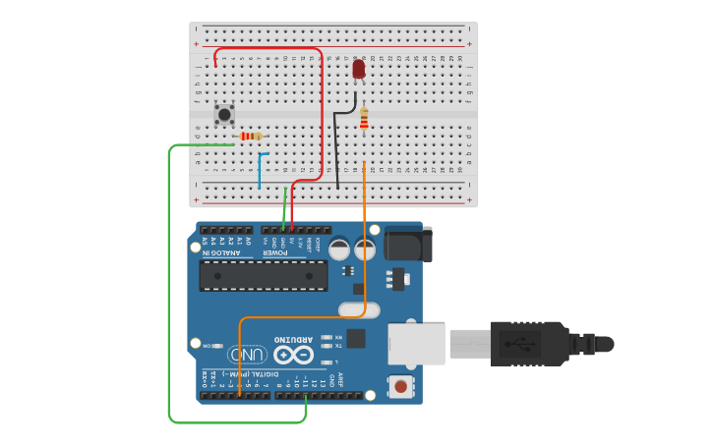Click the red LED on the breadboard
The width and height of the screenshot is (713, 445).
click(358, 68)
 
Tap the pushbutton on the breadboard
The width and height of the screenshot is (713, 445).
click(224, 114)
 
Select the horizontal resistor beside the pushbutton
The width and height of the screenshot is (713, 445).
click(253, 137)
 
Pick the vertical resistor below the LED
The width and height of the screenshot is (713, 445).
click(364, 120)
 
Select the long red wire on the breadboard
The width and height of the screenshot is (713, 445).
click(321, 108)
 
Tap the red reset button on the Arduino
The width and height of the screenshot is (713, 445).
click(400, 386)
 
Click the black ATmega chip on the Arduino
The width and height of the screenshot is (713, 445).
click(264, 275)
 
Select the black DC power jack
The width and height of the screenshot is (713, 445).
click(407, 243)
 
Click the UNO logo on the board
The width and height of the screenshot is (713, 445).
click(247, 354)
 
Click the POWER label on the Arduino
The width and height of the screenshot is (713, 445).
click(274, 252)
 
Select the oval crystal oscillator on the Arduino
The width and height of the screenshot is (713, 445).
click(358, 311)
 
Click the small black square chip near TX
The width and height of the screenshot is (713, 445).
click(356, 339)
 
